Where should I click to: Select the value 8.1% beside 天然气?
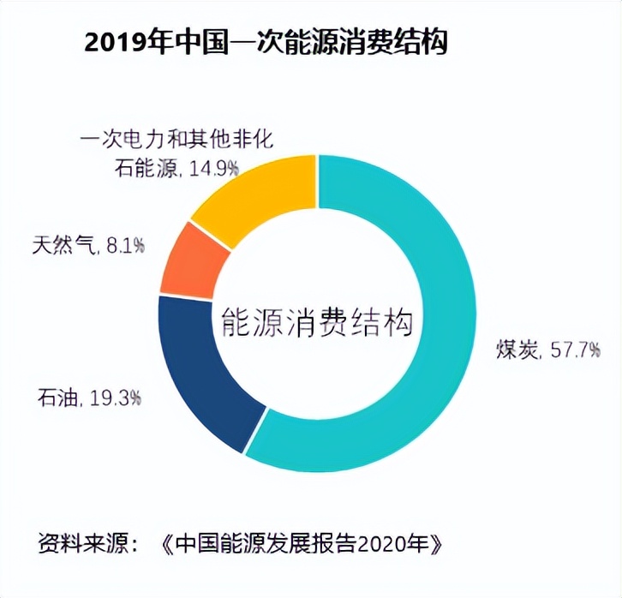tap(123, 246)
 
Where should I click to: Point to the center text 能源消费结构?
tap(317, 323)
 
